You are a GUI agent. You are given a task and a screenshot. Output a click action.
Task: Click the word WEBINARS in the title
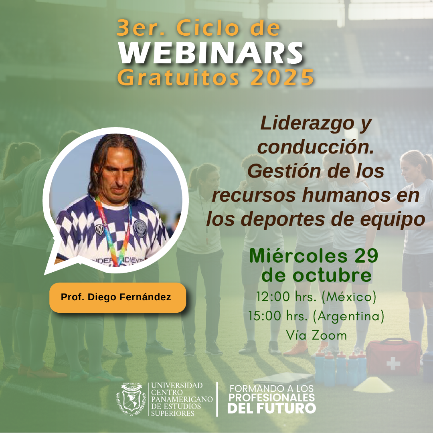[211, 53]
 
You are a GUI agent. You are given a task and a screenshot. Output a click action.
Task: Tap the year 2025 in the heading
[282, 78]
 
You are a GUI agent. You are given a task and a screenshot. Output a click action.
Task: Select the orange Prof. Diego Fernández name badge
[117, 297]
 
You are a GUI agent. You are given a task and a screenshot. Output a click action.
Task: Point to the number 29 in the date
[366, 255]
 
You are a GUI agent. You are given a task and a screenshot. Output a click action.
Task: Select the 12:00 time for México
[273, 297]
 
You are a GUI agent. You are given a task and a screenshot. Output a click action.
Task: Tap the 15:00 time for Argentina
[265, 316]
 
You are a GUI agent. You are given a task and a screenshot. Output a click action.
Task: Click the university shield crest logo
[131, 399]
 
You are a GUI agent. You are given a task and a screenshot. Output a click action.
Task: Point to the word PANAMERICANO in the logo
[182, 399]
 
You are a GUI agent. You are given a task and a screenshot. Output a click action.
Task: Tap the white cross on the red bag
[393, 363]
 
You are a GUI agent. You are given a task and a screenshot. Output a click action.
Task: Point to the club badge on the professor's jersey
[140, 228]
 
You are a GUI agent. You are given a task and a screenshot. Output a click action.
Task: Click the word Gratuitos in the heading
[178, 78]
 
